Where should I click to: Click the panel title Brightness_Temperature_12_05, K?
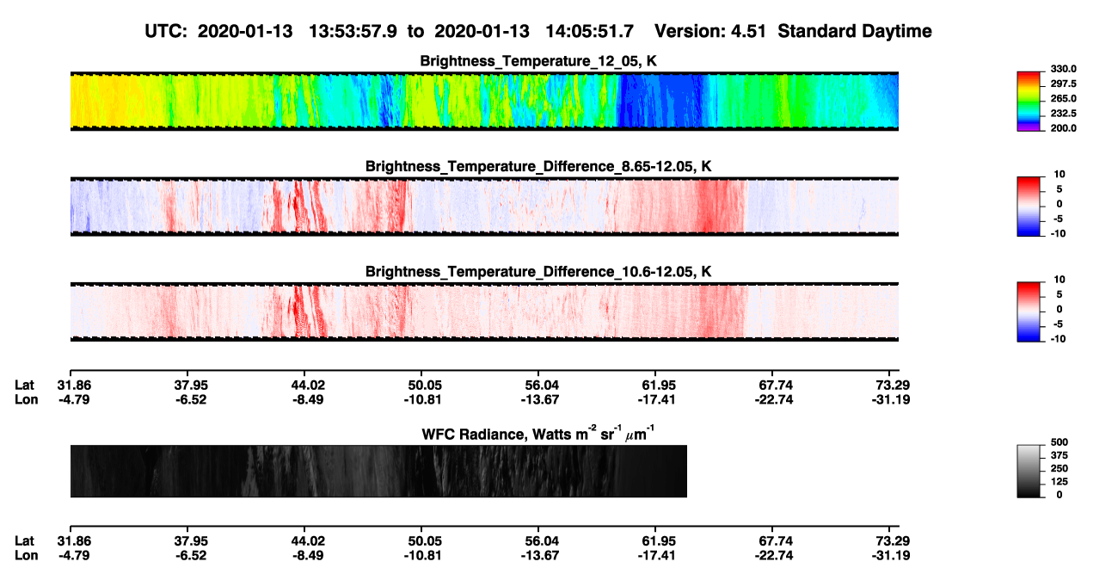pos(538,61)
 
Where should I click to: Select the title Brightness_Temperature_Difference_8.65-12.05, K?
pos(538,166)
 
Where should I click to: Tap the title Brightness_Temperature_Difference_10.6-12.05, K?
pos(538,272)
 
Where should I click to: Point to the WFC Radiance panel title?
pos(538,433)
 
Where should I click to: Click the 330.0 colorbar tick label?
pos(1063,69)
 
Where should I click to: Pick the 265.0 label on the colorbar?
pos(1063,98)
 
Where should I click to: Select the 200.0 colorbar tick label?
pos(1063,128)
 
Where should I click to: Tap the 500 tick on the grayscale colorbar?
pos(1060,442)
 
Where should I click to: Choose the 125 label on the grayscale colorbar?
pos(1060,482)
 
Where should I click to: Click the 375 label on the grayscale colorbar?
pos(1060,455)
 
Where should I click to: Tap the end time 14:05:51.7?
pos(589,31)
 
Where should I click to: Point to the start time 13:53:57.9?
pos(353,31)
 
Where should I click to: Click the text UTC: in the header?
pos(166,31)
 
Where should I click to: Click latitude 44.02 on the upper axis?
pos(308,386)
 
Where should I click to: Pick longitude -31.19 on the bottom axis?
pos(891,556)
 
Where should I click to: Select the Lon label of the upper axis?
pos(27,399)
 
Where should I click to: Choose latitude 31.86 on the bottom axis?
pos(74,541)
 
